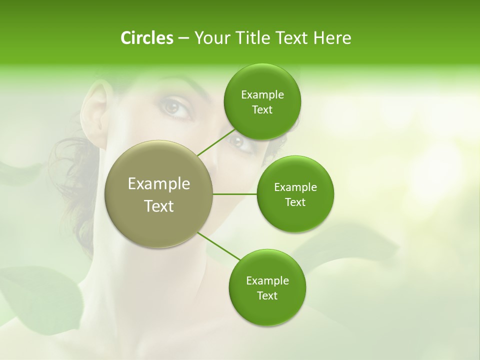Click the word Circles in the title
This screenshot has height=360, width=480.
(147, 38)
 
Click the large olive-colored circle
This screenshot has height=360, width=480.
(159, 194)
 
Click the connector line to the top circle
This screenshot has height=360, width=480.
(216, 142)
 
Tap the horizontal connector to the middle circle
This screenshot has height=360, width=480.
(235, 194)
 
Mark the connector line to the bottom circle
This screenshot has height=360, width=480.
(219, 246)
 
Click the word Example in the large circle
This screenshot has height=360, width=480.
(159, 184)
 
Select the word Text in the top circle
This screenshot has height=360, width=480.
(262, 110)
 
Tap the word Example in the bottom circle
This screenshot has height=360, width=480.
(267, 281)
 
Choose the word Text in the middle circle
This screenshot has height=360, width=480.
(295, 202)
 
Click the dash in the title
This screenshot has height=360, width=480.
(183, 38)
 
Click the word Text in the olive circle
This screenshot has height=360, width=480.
(159, 206)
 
